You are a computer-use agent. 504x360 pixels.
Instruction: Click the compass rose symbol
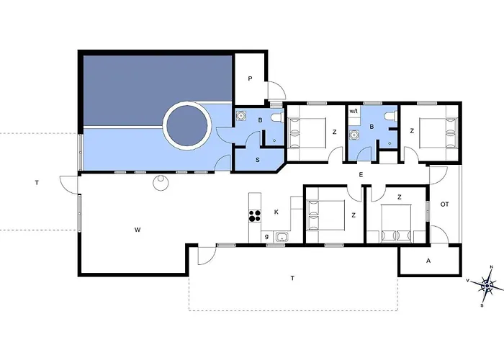(x=487, y=285)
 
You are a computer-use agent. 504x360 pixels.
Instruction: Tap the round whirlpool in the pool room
(x=187, y=126)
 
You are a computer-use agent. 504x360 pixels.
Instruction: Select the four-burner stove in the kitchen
(x=255, y=216)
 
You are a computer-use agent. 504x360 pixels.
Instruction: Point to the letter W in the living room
(x=138, y=230)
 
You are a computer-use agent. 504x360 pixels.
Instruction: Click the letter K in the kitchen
(x=276, y=212)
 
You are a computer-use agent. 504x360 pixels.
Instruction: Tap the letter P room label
(x=250, y=78)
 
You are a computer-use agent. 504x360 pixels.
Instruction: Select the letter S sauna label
(x=258, y=160)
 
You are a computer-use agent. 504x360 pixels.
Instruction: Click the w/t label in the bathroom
(x=354, y=112)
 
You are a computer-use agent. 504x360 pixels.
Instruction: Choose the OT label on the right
(x=444, y=204)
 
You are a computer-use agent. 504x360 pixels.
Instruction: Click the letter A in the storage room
(x=428, y=261)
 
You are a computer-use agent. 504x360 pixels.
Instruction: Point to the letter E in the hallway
(x=361, y=175)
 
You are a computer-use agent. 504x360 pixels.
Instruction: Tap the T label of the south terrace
(x=292, y=279)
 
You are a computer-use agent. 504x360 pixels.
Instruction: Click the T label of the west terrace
(x=37, y=183)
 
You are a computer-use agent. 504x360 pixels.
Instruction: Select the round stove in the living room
(x=161, y=183)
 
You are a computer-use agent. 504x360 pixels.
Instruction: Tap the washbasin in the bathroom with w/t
(x=355, y=135)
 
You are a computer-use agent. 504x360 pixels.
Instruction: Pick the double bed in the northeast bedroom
(x=438, y=132)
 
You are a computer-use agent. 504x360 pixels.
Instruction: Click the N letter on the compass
(x=491, y=267)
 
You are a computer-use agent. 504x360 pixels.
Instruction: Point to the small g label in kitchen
(x=266, y=237)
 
